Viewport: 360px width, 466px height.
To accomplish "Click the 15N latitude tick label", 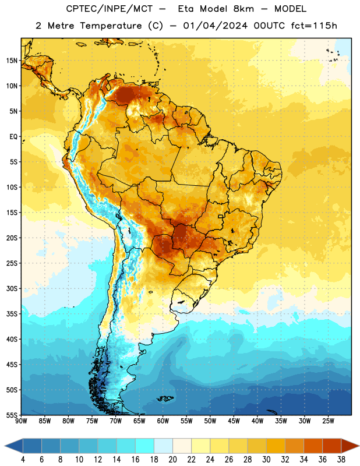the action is tap(12, 61).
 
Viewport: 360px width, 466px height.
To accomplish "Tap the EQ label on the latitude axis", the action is tap(13, 137).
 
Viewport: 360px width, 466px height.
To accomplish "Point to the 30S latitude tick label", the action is tap(12, 288).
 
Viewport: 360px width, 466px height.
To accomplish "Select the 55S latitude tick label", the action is tap(12, 415).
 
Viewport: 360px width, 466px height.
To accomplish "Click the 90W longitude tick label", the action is tap(21, 421).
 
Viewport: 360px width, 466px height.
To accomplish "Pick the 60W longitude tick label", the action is tap(163, 421).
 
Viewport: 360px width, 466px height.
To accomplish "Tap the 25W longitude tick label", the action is tap(328, 421).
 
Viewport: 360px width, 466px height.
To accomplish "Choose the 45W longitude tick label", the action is tap(234, 421).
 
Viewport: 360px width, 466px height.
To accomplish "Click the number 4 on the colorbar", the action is tap(23, 460).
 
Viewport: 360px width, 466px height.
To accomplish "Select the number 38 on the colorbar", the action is tap(341, 460).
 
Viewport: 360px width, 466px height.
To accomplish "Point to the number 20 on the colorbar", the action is tap(172, 460).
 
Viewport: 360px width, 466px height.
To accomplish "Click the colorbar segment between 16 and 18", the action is tap(145, 446).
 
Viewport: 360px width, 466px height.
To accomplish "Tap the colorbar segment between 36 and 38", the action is tap(332, 446).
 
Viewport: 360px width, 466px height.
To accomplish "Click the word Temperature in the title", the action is tap(111, 26).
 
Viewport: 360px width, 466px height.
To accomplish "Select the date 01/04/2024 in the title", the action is tap(216, 26).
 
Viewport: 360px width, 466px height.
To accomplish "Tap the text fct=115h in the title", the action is tap(314, 26).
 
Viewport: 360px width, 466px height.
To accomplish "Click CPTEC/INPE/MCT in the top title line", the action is tap(110, 9).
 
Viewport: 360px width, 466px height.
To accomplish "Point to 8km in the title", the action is tap(243, 9).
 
